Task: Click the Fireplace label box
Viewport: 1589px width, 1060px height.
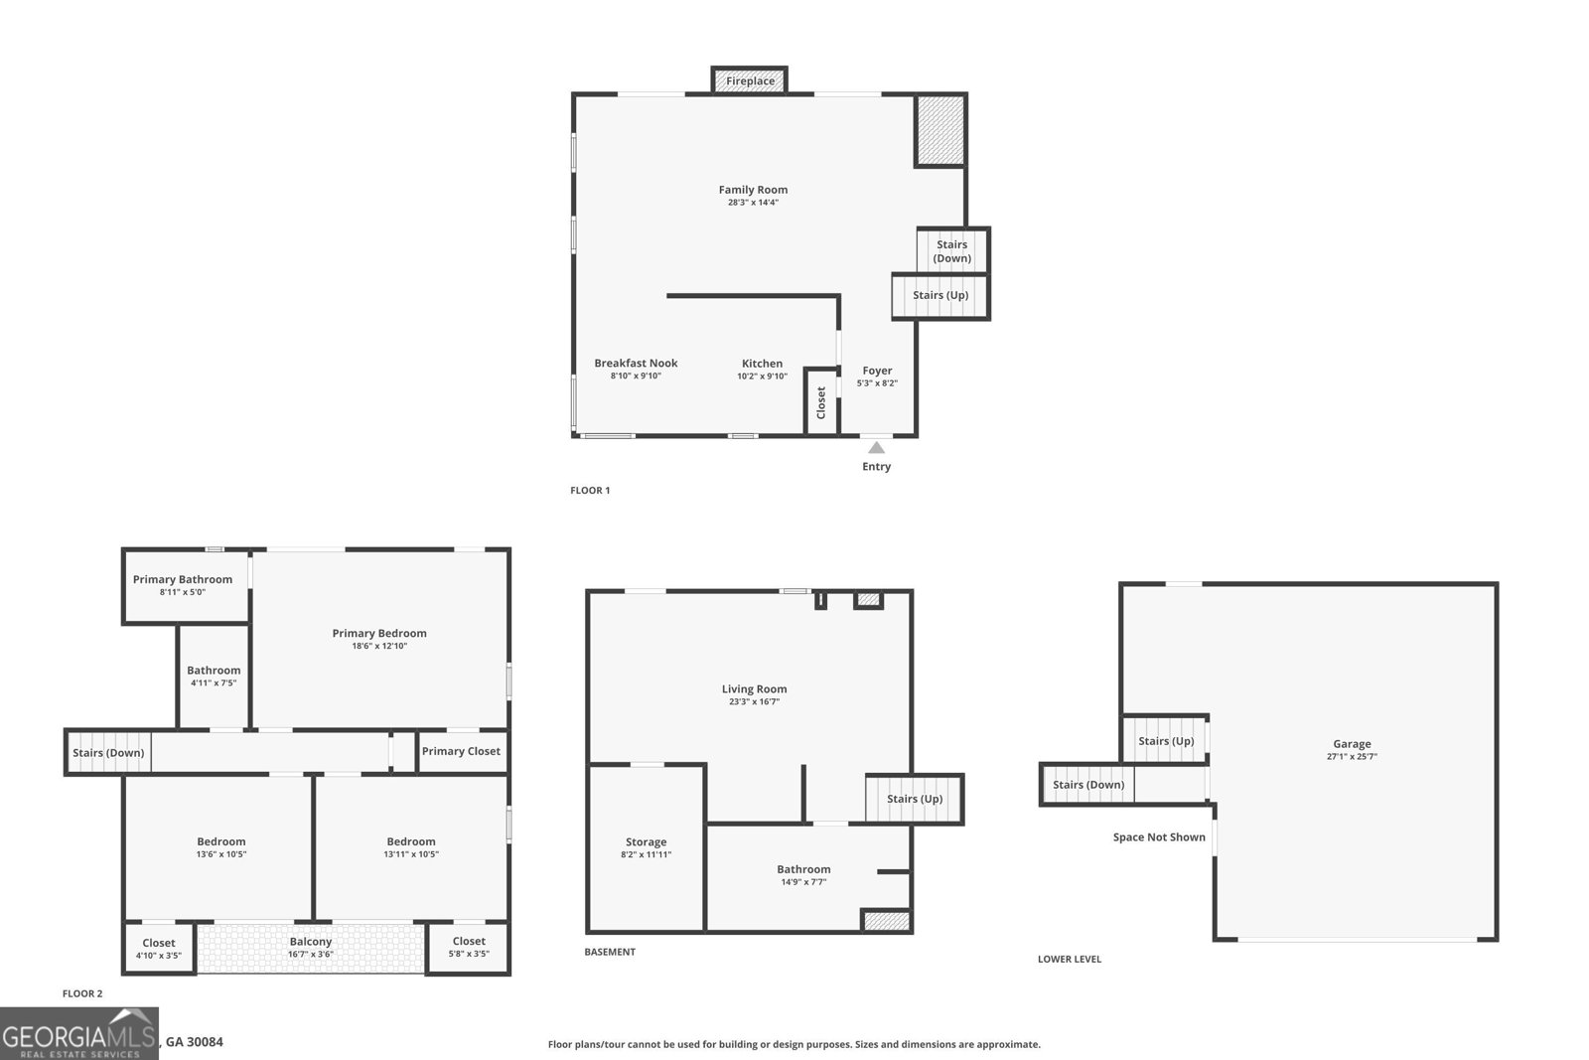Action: tap(749, 80)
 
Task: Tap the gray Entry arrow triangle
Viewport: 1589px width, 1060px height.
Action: tap(876, 448)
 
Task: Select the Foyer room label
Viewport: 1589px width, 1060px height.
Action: tap(877, 371)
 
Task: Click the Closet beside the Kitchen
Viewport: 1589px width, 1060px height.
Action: tap(820, 402)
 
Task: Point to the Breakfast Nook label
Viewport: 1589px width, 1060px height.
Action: tap(636, 363)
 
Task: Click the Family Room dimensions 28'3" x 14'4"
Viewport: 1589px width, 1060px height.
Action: tap(753, 203)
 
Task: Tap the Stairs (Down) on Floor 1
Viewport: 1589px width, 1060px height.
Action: tap(952, 250)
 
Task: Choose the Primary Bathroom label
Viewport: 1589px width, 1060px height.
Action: tap(183, 579)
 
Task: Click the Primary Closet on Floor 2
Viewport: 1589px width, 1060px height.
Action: tap(461, 751)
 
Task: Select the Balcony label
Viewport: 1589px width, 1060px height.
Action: tap(311, 942)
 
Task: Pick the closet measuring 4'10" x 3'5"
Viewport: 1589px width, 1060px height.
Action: tap(159, 948)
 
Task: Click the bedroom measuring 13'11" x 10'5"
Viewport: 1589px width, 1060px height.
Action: tap(411, 847)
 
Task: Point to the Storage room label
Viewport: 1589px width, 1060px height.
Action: tap(646, 842)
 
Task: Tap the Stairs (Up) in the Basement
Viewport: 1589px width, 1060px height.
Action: tap(915, 799)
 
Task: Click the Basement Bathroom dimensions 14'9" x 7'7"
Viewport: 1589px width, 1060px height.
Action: tap(803, 882)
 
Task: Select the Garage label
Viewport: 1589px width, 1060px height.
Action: tap(1352, 743)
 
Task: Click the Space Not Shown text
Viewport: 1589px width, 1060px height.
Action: tap(1159, 837)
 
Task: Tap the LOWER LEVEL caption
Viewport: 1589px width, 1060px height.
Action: tap(1070, 959)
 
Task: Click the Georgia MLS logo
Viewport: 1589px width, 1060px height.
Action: tap(78, 1033)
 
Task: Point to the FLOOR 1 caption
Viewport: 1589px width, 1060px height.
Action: tap(590, 491)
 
